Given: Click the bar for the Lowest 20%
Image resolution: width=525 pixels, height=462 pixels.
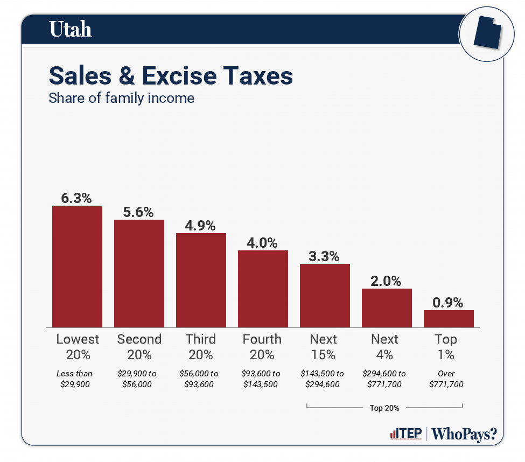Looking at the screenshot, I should [77, 267].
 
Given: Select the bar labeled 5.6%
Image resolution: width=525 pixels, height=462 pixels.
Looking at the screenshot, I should [139, 273].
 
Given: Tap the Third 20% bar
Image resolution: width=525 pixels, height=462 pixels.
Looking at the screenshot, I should [201, 280].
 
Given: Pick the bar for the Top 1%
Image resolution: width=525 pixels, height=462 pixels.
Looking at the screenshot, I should [449, 318].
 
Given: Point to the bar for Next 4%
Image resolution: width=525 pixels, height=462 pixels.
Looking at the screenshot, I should [387, 307].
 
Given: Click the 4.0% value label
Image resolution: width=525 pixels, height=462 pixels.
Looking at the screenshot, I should [263, 243].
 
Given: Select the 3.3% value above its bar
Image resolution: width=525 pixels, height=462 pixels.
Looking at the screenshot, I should [324, 256].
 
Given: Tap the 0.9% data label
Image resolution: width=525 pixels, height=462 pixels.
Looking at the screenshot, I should [448, 303].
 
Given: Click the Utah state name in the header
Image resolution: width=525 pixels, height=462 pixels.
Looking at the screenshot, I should [71, 30].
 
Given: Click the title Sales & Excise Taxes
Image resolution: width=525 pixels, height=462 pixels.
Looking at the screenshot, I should [171, 76].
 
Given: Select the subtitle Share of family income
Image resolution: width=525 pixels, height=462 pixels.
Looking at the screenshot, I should [121, 99].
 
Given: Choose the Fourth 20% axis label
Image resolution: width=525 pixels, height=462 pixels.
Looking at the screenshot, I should [262, 347].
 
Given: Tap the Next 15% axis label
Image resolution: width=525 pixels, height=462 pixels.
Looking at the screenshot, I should [324, 347].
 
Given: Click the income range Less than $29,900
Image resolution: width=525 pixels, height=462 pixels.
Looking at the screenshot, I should [75, 379].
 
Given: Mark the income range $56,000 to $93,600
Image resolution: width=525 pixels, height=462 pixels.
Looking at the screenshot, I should [200, 379].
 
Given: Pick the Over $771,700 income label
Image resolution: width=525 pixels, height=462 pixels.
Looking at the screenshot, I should [446, 379].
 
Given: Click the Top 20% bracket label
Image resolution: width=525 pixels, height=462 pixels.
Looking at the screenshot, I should [384, 408].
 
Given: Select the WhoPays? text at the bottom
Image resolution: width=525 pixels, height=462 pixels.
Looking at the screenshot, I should [465, 433].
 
